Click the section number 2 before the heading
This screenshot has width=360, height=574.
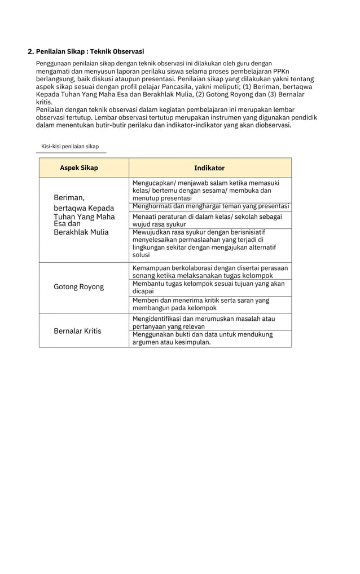(30, 51)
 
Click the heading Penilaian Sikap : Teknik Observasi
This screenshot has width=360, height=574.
(90, 51)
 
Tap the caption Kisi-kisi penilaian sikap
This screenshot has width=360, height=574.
(70, 147)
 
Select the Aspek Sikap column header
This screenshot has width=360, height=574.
(79, 168)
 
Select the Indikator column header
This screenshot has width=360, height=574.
(209, 168)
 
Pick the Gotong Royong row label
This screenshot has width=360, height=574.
(78, 287)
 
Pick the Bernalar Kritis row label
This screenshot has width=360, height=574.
(77, 330)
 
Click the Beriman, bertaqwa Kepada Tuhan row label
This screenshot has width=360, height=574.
(84, 215)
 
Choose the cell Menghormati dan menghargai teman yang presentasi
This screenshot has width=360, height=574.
(210, 206)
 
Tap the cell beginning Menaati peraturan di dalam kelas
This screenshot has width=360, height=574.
(207, 220)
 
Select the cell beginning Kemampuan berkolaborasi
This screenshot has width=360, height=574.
(210, 271)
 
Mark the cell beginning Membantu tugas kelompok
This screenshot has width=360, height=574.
(208, 288)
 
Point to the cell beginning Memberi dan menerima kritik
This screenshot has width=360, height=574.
(201, 304)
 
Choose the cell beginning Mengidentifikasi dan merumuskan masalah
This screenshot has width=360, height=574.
(204, 323)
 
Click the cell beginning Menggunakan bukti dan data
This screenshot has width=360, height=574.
(203, 338)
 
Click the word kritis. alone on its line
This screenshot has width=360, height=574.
(44, 103)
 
